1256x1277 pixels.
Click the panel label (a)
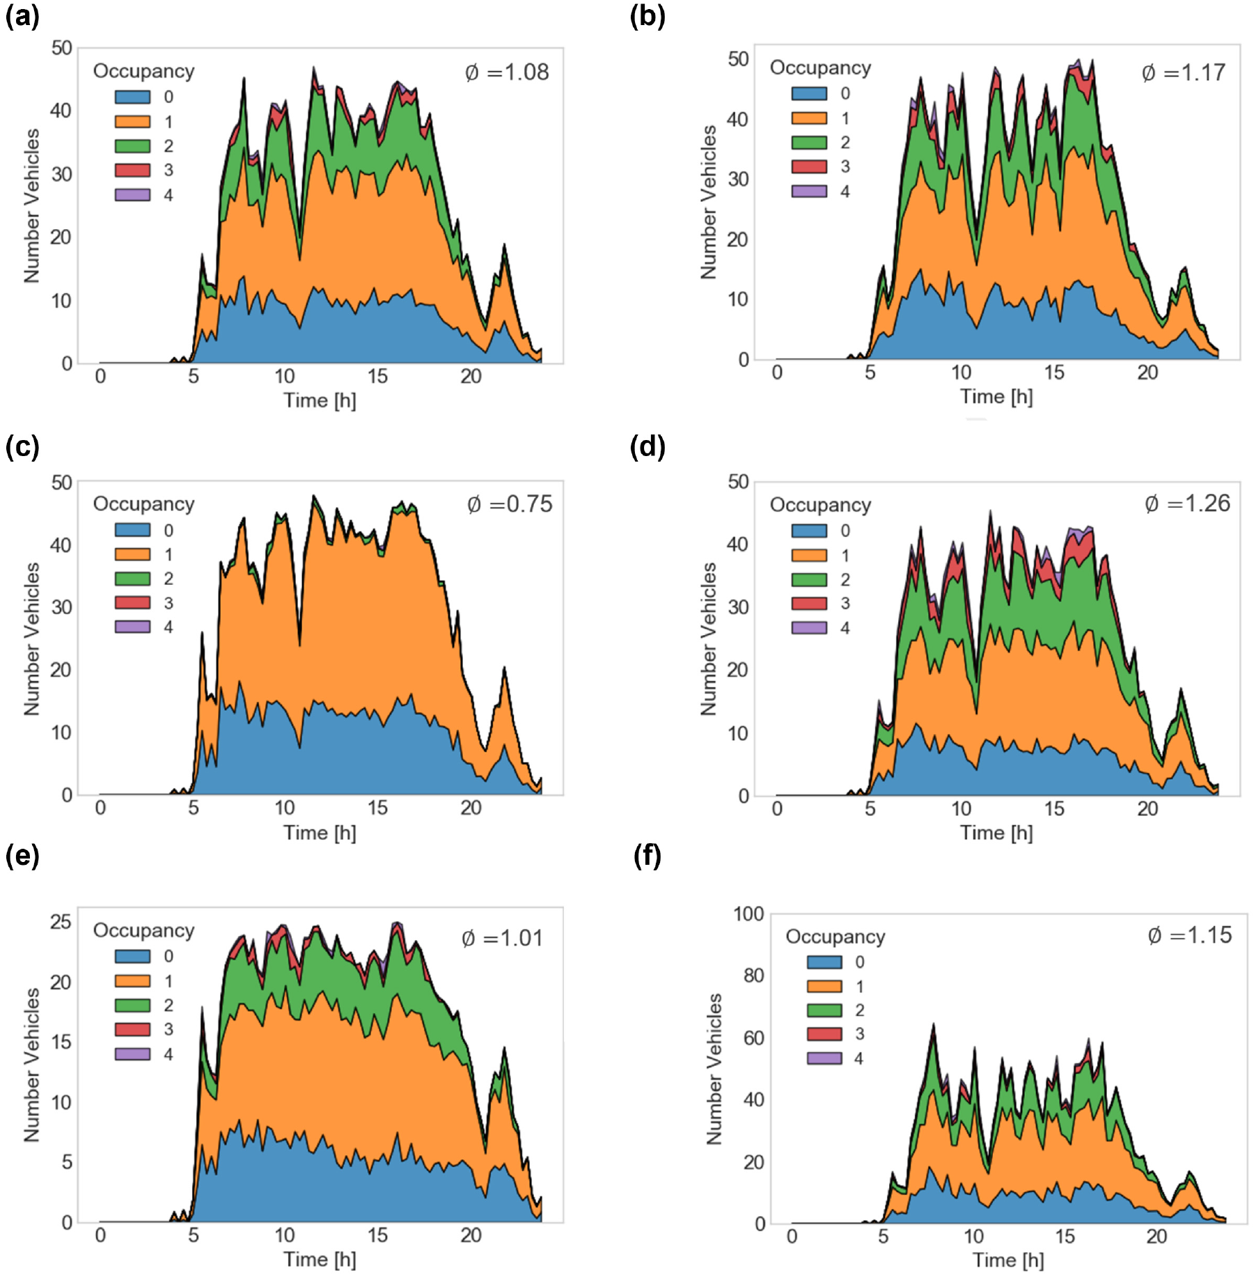22,15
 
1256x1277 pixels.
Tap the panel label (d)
647,447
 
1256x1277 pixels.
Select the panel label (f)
647,856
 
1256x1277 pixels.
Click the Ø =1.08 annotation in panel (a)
507,72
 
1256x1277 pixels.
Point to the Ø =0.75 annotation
510,503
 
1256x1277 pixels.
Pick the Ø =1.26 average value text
1187,503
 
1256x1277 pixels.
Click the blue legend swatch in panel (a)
132,97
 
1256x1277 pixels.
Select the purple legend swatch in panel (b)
809,191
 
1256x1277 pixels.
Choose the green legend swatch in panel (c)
132,579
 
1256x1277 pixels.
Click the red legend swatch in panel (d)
809,604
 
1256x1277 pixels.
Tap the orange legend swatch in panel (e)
132,980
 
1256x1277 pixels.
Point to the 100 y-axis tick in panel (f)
748,914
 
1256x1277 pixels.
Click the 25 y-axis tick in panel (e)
61,922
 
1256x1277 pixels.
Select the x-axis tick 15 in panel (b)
1053,373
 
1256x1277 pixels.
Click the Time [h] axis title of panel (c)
320,833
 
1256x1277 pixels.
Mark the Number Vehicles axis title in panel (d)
708,638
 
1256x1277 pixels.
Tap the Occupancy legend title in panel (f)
835,937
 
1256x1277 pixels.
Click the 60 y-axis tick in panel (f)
754,1037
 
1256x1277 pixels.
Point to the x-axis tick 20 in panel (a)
471,377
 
